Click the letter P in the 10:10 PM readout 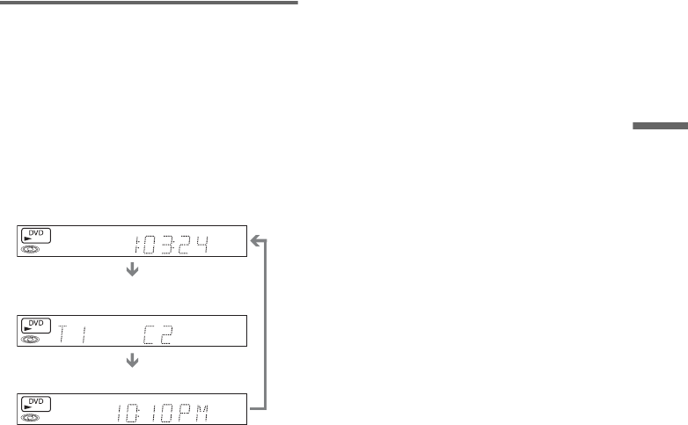click(187, 411)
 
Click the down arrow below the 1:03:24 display click(133, 271)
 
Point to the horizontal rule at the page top click(149, 3)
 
